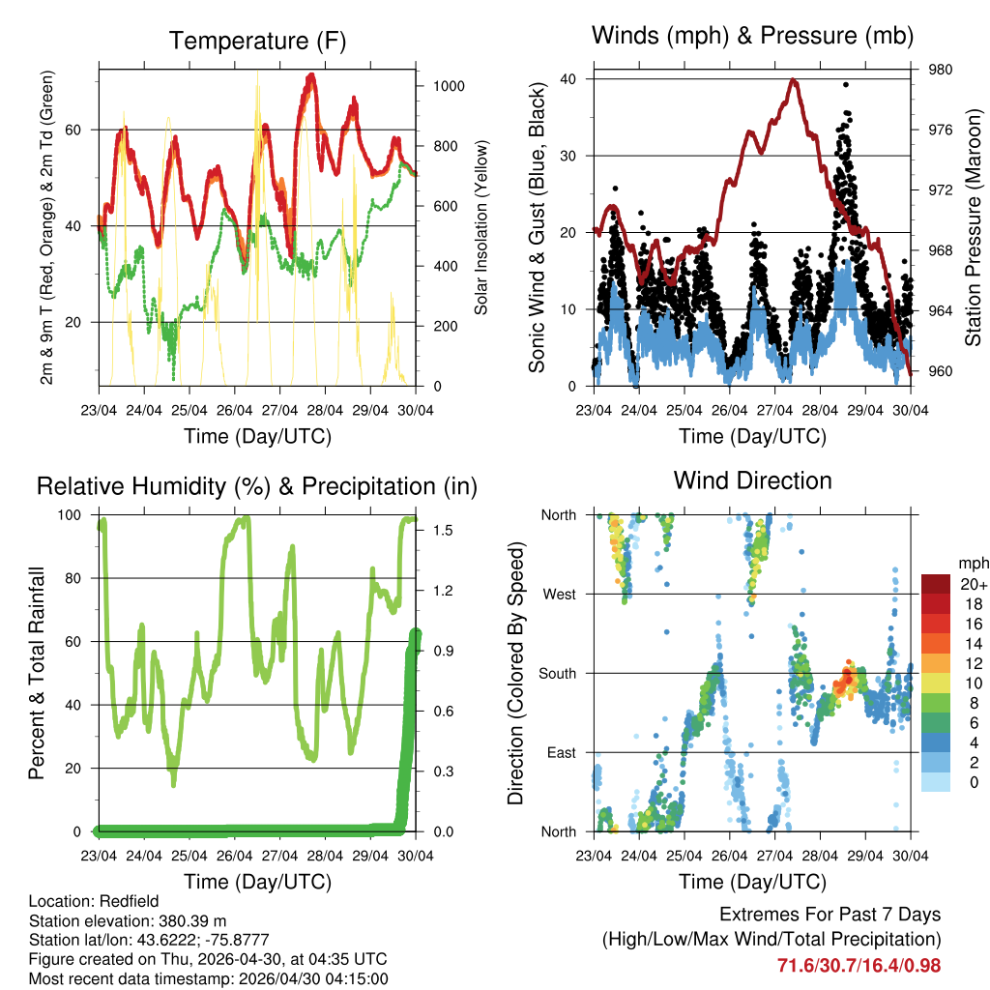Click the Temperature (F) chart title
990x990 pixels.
pos(257,41)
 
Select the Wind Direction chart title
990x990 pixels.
pos(752,480)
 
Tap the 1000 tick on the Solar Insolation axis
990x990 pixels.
pos(448,86)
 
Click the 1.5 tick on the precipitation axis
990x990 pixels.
pos(440,531)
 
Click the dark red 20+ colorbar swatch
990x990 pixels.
pos(938,584)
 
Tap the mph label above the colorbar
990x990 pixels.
pos(972,563)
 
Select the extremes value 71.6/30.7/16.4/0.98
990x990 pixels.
pos(859,965)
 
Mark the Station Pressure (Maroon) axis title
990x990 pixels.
pos(973,227)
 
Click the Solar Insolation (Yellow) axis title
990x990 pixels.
pos(480,227)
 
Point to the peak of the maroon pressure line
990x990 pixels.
pos(795,80)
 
